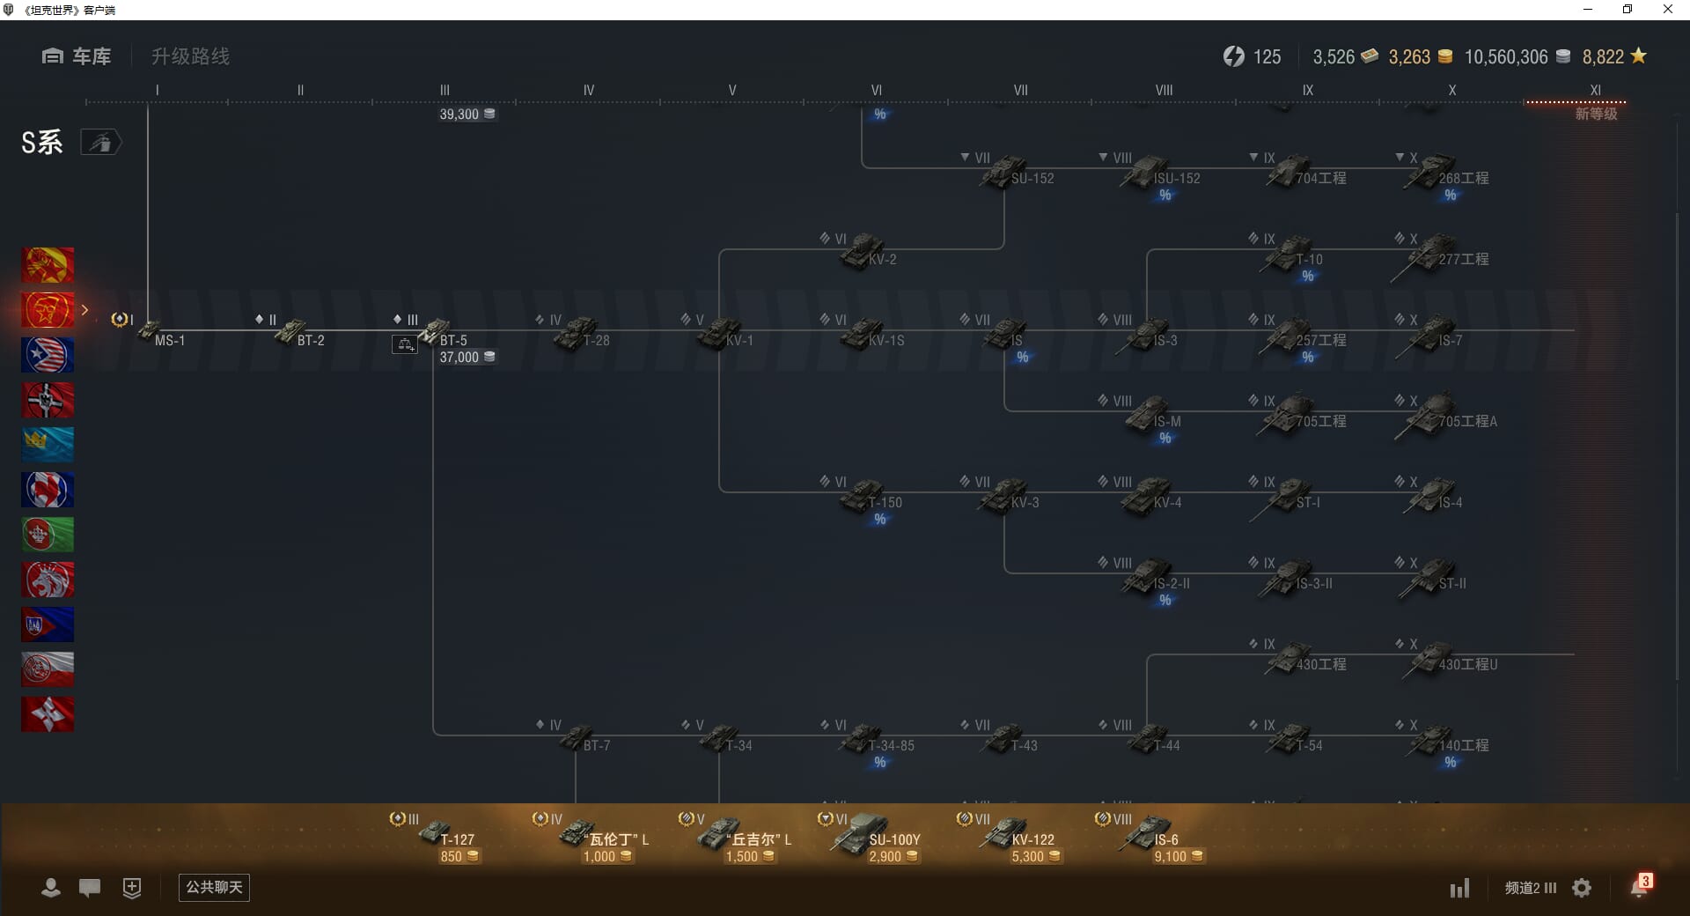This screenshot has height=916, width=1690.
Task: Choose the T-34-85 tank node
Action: coord(867,739)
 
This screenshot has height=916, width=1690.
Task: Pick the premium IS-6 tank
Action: coord(1149,834)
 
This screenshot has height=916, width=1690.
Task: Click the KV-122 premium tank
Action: coord(1008,834)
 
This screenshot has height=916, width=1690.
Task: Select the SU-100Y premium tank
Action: coord(867,834)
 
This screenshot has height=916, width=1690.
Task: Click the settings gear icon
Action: coord(1582,888)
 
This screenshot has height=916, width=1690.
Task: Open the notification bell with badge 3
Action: coord(1639,887)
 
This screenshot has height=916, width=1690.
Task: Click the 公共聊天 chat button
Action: coord(214,887)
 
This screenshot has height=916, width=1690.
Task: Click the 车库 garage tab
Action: coord(77,56)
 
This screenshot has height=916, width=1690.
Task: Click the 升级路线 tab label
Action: coord(190,56)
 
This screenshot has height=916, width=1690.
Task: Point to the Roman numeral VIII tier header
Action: coord(1164,90)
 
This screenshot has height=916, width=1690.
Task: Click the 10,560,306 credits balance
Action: coord(1506,57)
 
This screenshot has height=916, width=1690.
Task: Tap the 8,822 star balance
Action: coord(1604,57)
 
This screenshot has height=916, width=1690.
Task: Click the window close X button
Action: coord(1667,10)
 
